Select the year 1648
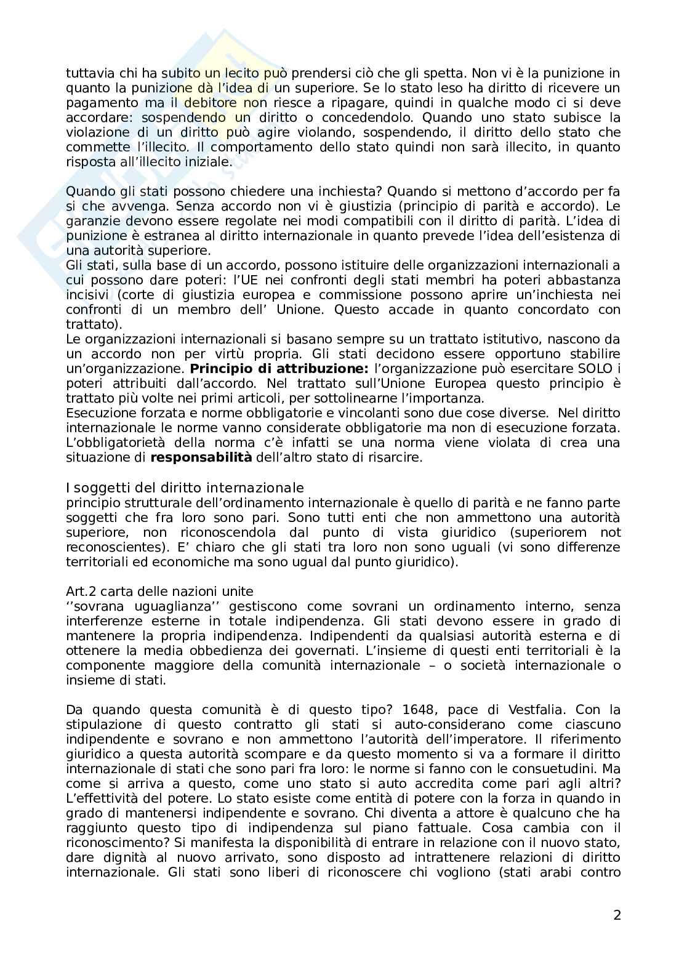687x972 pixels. click(x=424, y=710)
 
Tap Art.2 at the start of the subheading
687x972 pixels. click(x=82, y=592)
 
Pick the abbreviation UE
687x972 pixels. click(x=355, y=280)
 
